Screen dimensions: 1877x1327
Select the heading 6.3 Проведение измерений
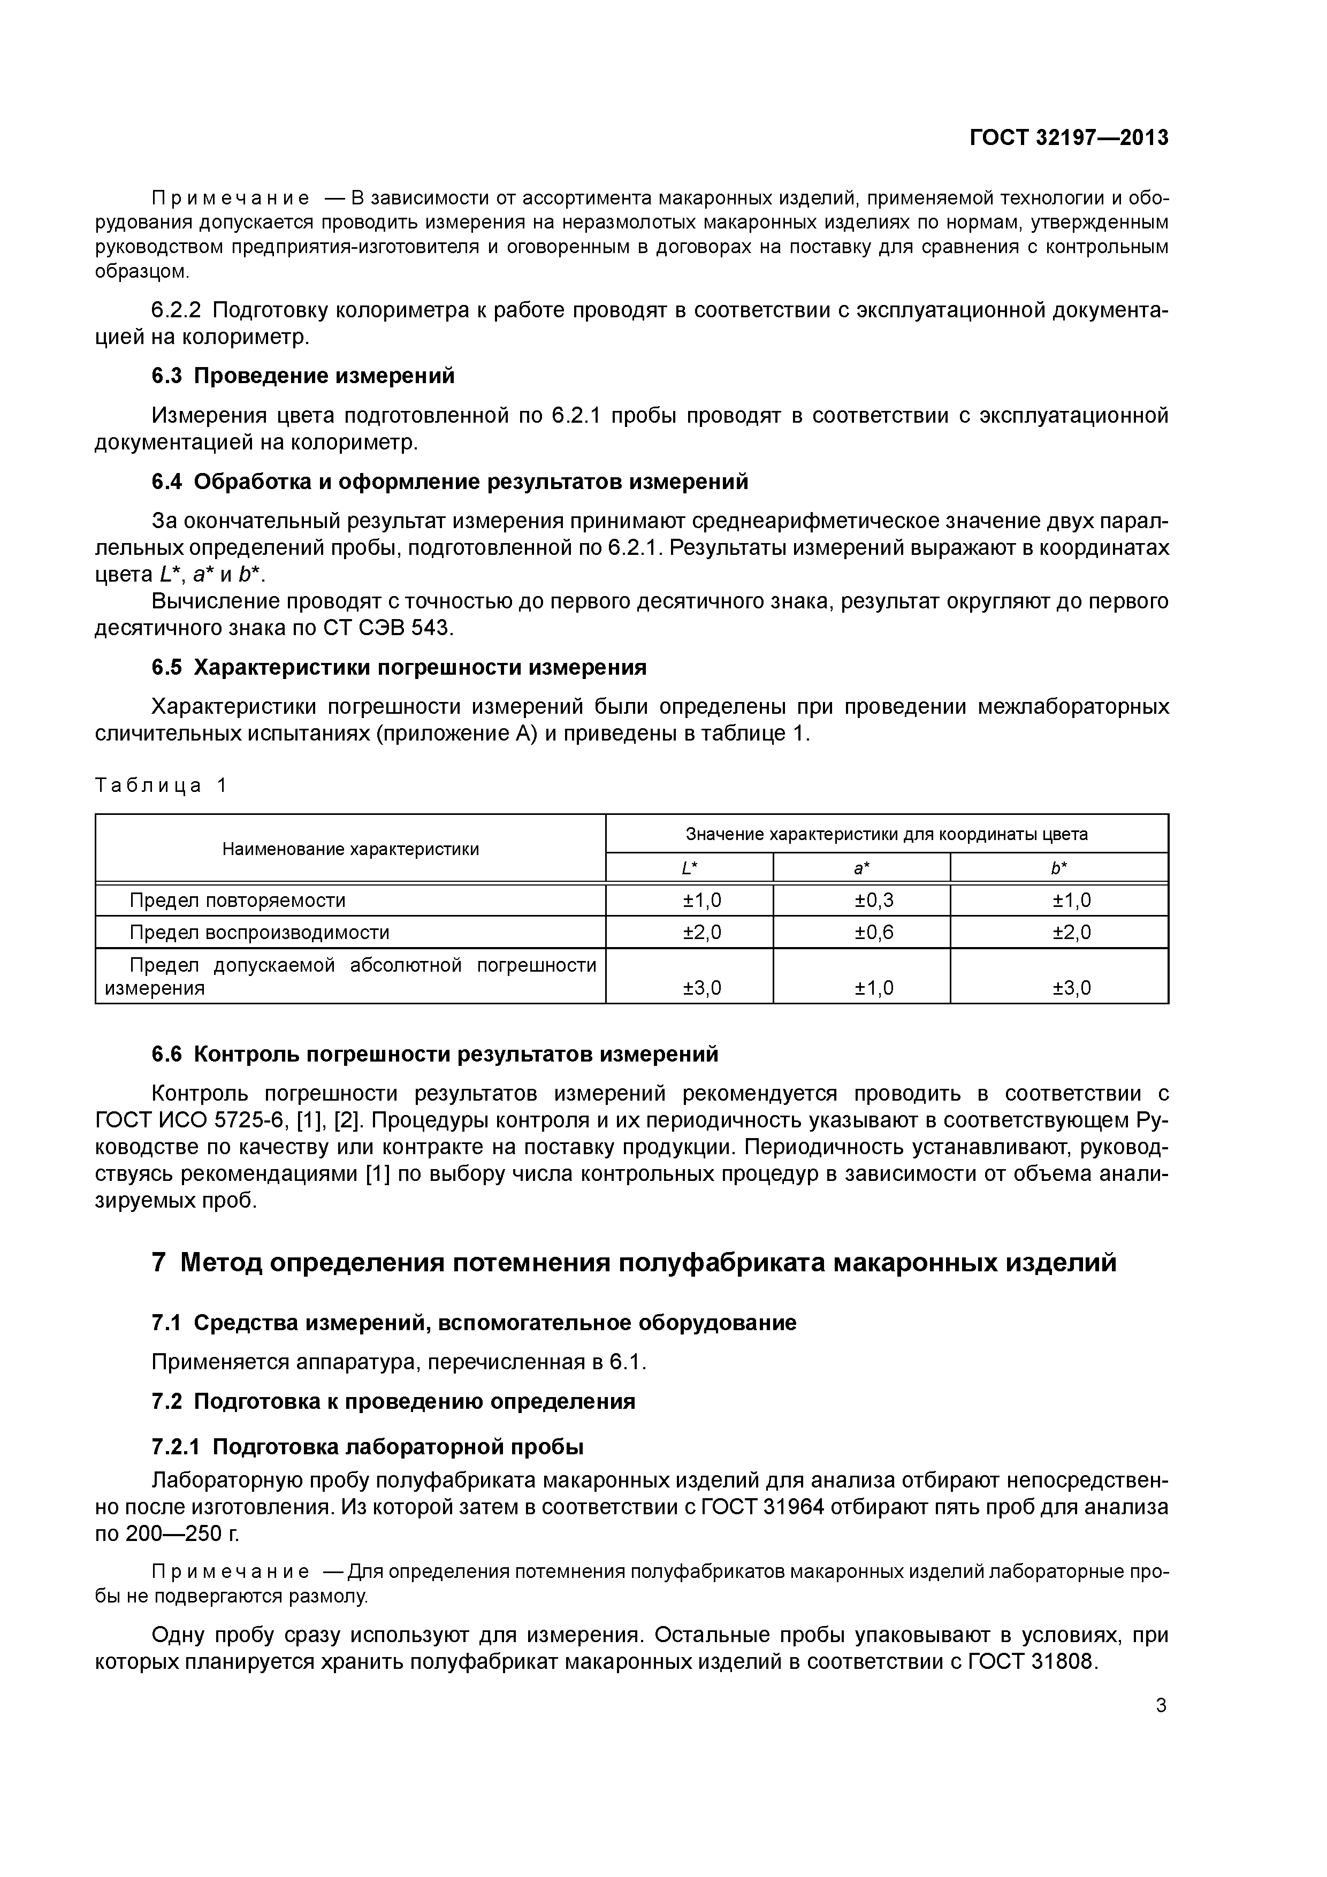coord(302,376)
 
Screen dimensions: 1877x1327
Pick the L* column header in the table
coord(689,868)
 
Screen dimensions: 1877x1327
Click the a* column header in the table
coord(861,868)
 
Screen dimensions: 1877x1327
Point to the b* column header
coord(1059,868)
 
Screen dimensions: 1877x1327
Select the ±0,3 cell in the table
coord(874,900)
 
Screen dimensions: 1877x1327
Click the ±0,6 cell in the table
coord(874,933)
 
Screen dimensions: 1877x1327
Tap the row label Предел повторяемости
coord(237,900)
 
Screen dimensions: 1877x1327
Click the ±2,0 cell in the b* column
coord(1071,933)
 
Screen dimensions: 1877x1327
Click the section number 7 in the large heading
coord(159,1263)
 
